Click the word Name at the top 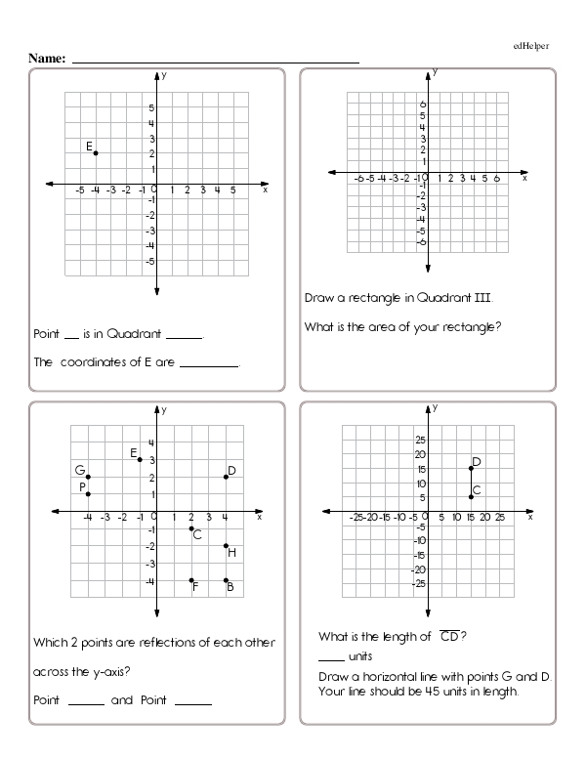tap(46, 60)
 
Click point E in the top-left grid tap(95, 152)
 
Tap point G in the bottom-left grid tap(88, 477)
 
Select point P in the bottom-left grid tap(88, 494)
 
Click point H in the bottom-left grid tap(226, 546)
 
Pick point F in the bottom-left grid tap(191, 580)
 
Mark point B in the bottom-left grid tap(226, 580)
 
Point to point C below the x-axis tap(191, 528)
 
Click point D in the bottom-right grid tap(471, 468)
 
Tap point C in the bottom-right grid tap(471, 497)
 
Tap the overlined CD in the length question tap(450, 637)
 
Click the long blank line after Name tap(216, 62)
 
